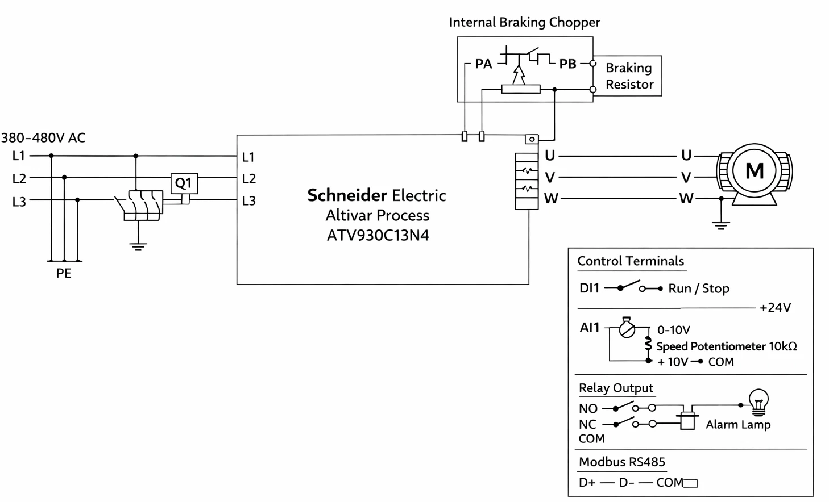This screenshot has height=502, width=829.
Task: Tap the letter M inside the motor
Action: pyautogui.click(x=755, y=171)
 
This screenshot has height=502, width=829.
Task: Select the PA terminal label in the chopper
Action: pyautogui.click(x=483, y=64)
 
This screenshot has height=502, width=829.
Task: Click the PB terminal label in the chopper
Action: pyautogui.click(x=567, y=64)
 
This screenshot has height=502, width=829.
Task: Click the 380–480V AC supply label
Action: pyautogui.click(x=43, y=138)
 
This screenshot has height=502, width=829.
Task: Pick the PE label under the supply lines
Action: pyautogui.click(x=64, y=273)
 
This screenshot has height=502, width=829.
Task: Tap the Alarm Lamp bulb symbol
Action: pyautogui.click(x=758, y=402)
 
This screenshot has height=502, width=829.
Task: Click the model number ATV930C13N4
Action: pyautogui.click(x=378, y=235)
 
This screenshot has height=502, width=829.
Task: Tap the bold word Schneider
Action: pyautogui.click(x=347, y=195)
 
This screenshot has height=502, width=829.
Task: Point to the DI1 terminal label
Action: pyautogui.click(x=589, y=288)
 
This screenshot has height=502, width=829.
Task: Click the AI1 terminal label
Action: pyautogui.click(x=589, y=328)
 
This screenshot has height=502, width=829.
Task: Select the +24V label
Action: pyautogui.click(x=775, y=308)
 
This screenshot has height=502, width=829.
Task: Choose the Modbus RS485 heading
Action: pyautogui.click(x=622, y=462)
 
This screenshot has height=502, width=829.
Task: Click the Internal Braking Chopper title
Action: pyautogui.click(x=524, y=22)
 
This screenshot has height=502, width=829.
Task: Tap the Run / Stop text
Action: pyautogui.click(x=699, y=288)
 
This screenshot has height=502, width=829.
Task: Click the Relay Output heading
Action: pyautogui.click(x=616, y=388)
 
